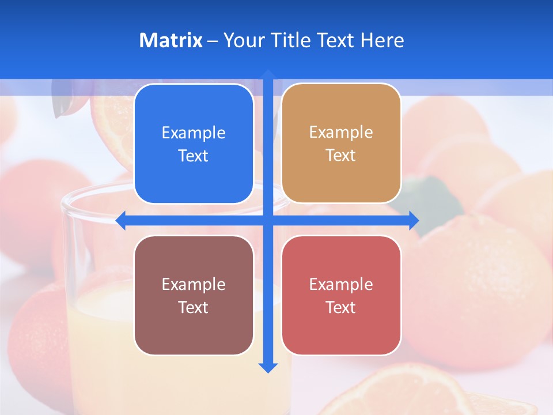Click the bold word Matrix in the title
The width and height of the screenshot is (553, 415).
171,40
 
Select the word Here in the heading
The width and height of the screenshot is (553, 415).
382,40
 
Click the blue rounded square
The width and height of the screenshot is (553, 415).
194,144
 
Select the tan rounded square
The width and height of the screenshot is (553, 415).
341,144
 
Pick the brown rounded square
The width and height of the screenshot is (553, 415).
194,295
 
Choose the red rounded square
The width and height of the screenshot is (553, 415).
341,295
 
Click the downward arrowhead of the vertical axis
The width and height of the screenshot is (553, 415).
267,367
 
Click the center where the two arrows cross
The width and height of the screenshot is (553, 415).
267,221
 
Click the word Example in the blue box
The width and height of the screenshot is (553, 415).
194,133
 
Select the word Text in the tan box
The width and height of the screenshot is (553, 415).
340,156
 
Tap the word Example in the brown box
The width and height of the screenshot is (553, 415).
194,284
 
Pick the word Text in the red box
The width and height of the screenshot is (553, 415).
340,307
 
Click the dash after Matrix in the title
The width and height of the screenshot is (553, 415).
213,41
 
